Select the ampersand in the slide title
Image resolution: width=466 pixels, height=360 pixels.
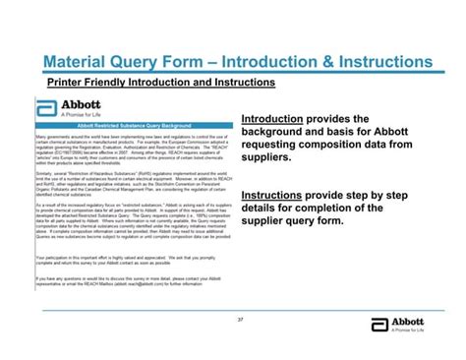click(x=357, y=62)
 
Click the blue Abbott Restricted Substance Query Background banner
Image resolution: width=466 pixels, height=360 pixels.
click(x=134, y=125)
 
